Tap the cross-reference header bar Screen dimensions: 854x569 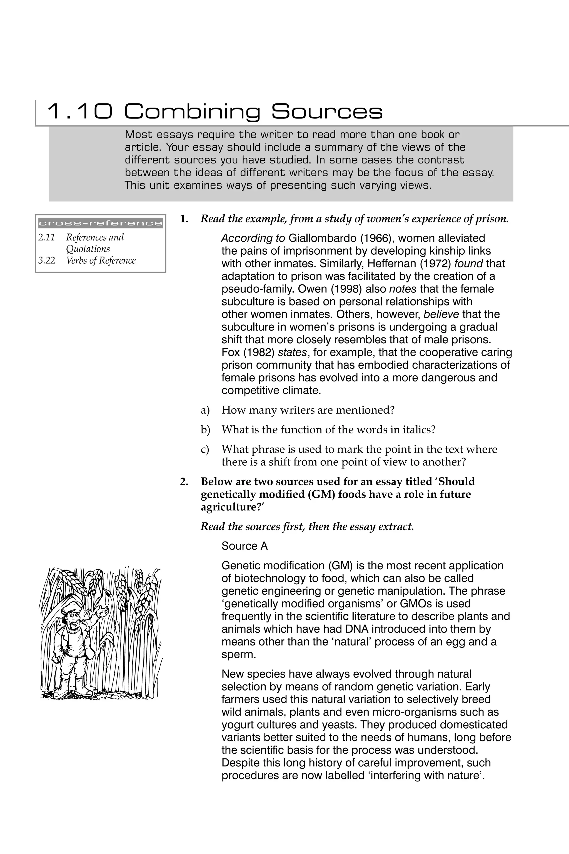coord(101,223)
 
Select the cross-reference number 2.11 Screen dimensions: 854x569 coord(46,237)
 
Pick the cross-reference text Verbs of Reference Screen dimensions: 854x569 coord(101,261)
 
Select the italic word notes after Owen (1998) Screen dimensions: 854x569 coord(402,289)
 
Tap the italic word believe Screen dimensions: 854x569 coord(441,314)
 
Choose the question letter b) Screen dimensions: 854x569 coord(205,430)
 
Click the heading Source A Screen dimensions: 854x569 coord(244,546)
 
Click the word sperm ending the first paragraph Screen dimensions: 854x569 coord(237,655)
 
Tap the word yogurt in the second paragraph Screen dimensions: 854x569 coord(238,725)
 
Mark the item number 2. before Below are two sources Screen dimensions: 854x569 coord(184,482)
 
